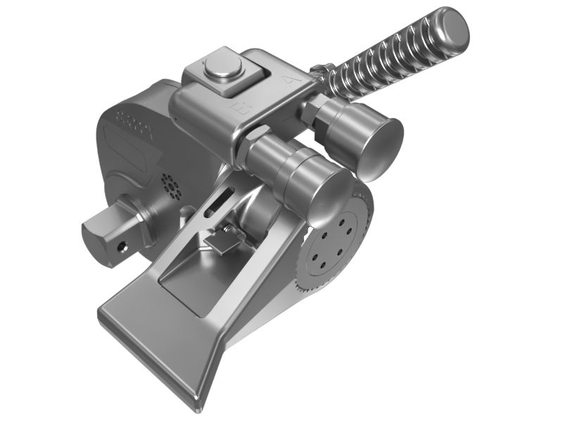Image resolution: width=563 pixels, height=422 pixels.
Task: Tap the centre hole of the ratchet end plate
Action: pyautogui.click(x=333, y=243)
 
